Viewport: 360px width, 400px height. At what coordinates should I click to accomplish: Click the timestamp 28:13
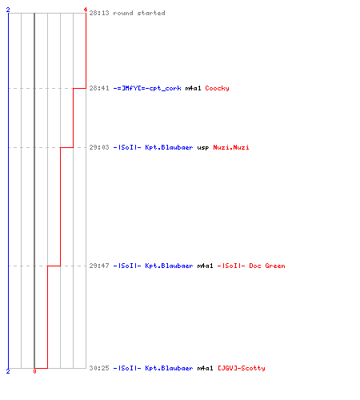pyautogui.click(x=99, y=13)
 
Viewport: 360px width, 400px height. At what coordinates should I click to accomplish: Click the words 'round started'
pyautogui.click(x=139, y=13)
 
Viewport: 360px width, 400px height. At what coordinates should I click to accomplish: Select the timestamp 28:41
pyautogui.click(x=99, y=88)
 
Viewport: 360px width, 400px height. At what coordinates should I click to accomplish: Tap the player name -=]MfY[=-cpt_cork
pyautogui.click(x=147, y=88)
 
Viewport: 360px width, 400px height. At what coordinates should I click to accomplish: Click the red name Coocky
pyautogui.click(x=217, y=89)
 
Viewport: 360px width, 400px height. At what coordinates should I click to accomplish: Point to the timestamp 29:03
pyautogui.click(x=99, y=147)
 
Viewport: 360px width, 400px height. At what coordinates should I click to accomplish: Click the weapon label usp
pyautogui.click(x=203, y=148)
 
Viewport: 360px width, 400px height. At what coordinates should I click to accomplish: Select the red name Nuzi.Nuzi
pyautogui.click(x=231, y=147)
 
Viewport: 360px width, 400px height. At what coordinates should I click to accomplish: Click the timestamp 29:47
pyautogui.click(x=99, y=266)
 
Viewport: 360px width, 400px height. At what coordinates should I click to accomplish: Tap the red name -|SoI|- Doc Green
pyautogui.click(x=251, y=266)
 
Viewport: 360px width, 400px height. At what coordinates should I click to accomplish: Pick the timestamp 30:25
pyautogui.click(x=99, y=368)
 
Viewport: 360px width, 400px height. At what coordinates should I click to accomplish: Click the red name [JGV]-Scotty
pyautogui.click(x=242, y=369)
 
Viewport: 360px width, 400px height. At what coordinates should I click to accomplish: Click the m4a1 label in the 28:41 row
pyautogui.click(x=193, y=88)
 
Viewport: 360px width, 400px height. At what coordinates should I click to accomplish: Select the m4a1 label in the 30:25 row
pyautogui.click(x=205, y=368)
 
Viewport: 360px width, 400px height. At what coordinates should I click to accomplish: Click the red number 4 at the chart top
pyautogui.click(x=86, y=10)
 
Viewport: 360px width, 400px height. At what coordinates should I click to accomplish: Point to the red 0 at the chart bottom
pyautogui.click(x=34, y=371)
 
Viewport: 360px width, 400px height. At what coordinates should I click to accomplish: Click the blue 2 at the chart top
pyautogui.click(x=8, y=10)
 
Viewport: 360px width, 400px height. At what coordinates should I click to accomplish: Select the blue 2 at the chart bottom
pyautogui.click(x=8, y=371)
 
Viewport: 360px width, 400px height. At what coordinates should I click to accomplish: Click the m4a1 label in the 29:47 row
pyautogui.click(x=205, y=266)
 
